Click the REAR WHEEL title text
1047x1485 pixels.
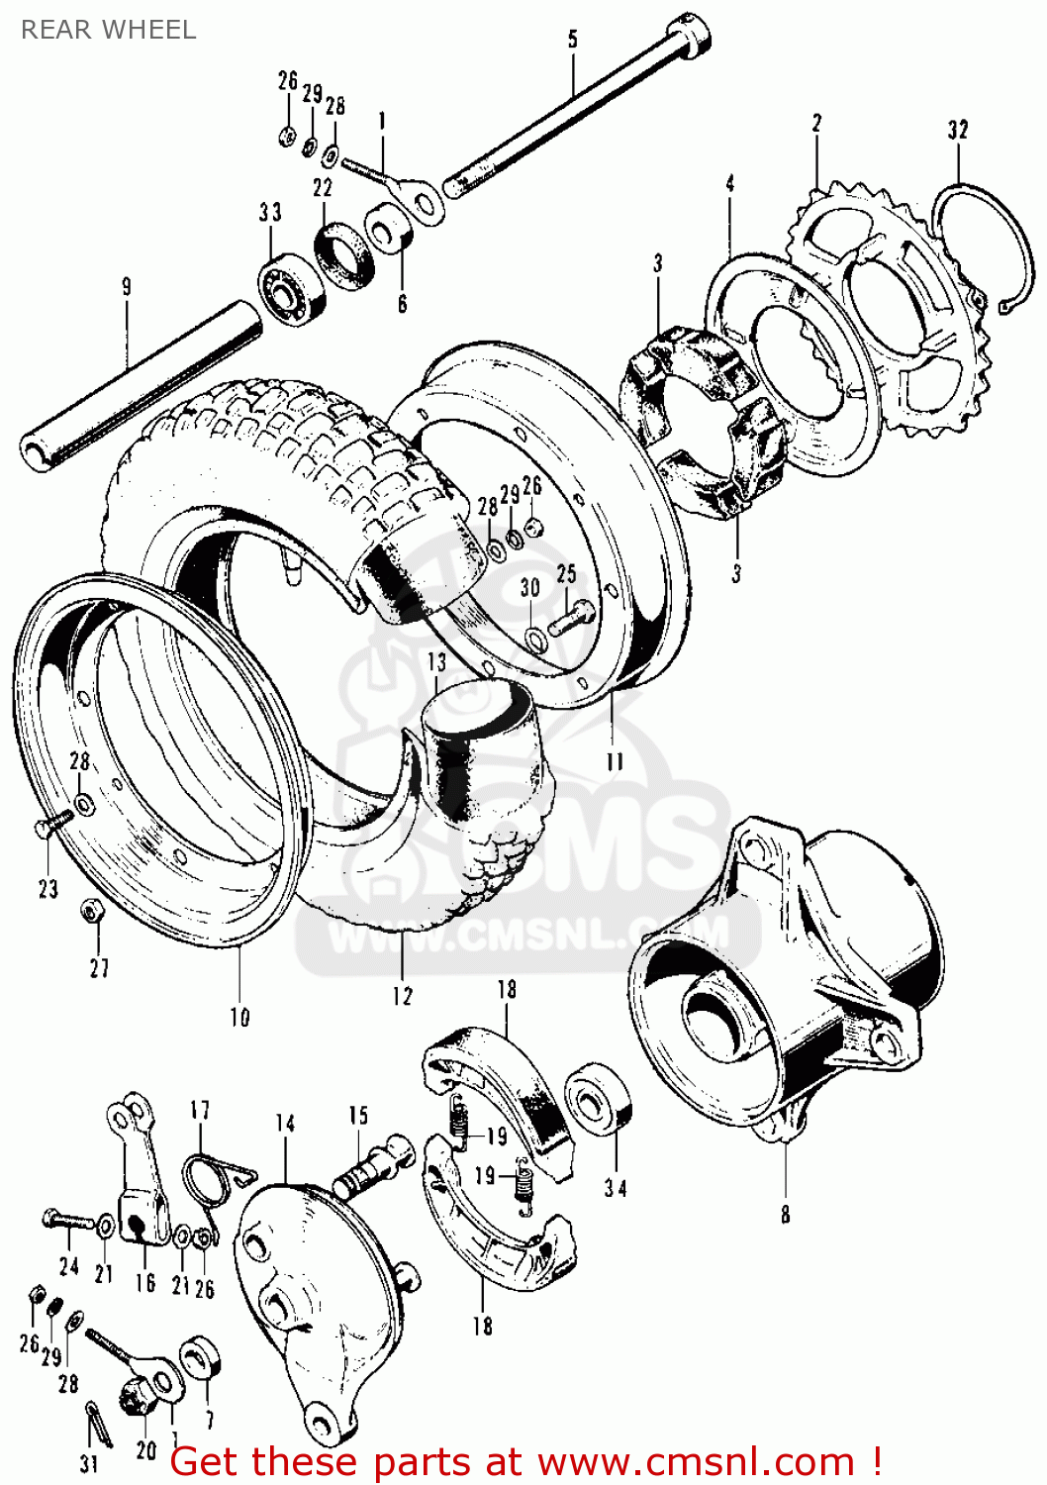pyautogui.click(x=108, y=30)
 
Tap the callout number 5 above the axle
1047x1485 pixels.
pyautogui.click(x=573, y=40)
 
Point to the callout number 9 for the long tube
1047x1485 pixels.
pyautogui.click(x=126, y=287)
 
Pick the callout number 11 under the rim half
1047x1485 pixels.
pyautogui.click(x=615, y=761)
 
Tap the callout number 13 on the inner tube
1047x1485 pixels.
pyautogui.click(x=436, y=661)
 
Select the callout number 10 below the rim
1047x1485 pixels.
pyautogui.click(x=239, y=1017)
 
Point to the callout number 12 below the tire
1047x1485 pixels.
pyautogui.click(x=402, y=996)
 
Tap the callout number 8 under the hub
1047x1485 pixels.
pyautogui.click(x=785, y=1214)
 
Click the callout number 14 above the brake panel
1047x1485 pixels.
pyautogui.click(x=285, y=1124)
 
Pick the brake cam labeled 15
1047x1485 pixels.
pyautogui.click(x=372, y=1168)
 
